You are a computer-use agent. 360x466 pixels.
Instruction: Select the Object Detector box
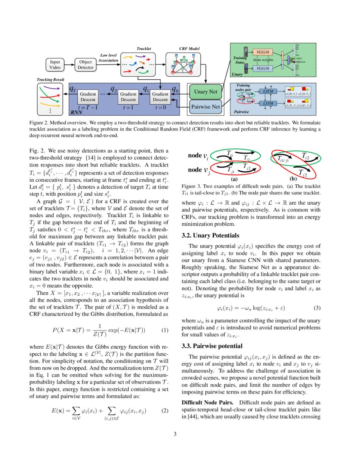(x=86, y=64)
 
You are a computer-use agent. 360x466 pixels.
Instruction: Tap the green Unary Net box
(x=205, y=92)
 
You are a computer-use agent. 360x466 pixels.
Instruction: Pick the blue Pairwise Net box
(x=205, y=107)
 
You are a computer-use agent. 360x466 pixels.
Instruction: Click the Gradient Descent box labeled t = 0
(x=160, y=97)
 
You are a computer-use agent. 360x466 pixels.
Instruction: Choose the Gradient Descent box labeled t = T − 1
(x=89, y=97)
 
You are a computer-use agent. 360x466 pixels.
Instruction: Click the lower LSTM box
(x=268, y=103)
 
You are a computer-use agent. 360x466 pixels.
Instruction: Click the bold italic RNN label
(x=76, y=113)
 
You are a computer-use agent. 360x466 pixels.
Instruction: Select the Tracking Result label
(x=50, y=79)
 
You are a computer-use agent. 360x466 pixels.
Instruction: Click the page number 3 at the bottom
(x=180, y=434)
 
